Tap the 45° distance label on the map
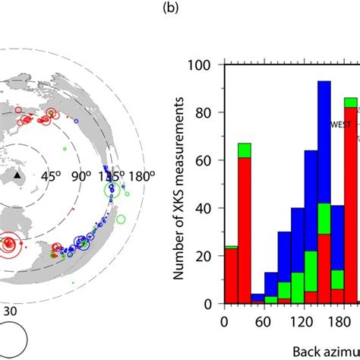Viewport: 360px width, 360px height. (x=51, y=176)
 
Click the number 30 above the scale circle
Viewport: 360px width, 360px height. (x=11, y=311)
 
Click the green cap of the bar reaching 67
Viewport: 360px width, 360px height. (x=244, y=150)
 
